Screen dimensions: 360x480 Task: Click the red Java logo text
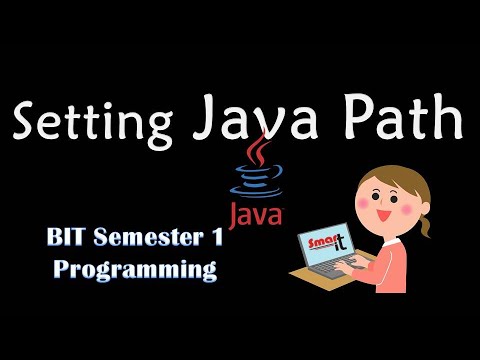click(x=254, y=213)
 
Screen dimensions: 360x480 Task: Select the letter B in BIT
click(x=56, y=240)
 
